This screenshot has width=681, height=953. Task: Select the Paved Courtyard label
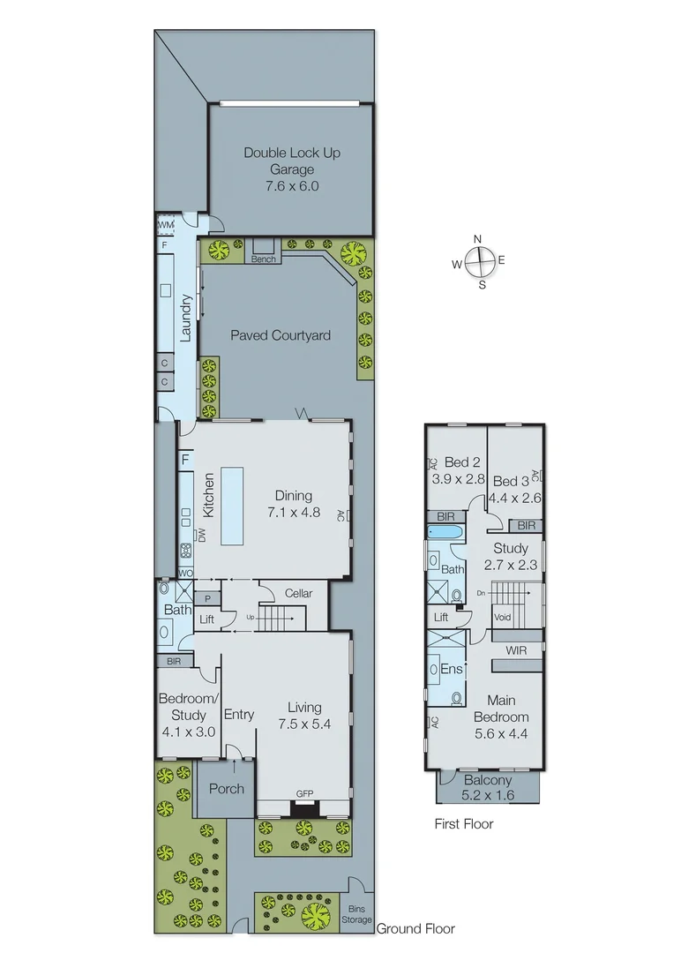click(x=280, y=335)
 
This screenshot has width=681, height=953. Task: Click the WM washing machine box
click(x=166, y=226)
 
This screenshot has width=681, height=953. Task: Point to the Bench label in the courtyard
click(x=263, y=259)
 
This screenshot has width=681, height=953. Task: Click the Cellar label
click(x=298, y=594)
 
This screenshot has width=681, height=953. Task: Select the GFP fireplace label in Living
click(x=304, y=793)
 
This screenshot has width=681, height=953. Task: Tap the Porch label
click(x=225, y=789)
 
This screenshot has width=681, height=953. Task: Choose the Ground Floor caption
click(x=415, y=928)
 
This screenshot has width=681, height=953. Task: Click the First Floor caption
click(x=463, y=824)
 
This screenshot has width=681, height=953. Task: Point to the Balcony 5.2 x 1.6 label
click(x=487, y=787)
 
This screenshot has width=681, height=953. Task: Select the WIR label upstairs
click(x=517, y=650)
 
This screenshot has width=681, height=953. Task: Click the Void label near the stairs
click(x=503, y=618)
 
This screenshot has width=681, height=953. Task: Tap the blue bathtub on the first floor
click(x=445, y=532)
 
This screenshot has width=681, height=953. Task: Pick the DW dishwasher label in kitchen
click(x=201, y=535)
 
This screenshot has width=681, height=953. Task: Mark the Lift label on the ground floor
click(x=207, y=620)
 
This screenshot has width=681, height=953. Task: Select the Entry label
click(x=238, y=714)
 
